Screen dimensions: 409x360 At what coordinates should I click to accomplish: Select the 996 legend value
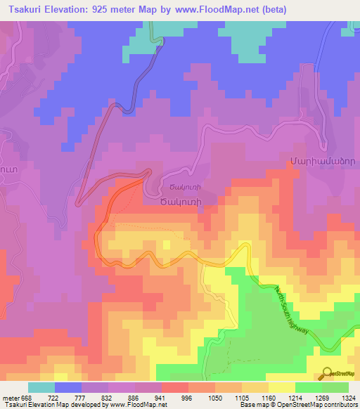coord(187,398)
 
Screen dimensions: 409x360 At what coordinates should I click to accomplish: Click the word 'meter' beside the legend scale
coord(11,398)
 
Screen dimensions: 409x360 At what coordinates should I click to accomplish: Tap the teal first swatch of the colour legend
coord(41,387)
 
